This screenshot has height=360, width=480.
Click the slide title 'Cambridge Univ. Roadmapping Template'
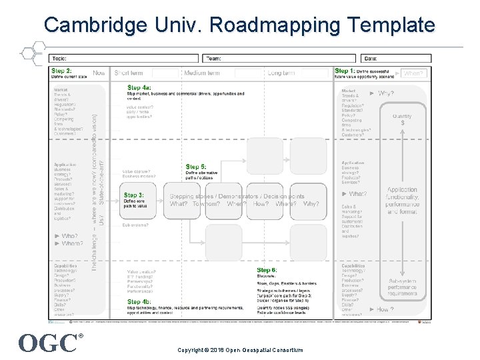pyautogui.click(x=239, y=25)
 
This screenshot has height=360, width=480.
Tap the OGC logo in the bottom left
pyautogui.click(x=48, y=343)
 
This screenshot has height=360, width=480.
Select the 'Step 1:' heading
pyautogui.click(x=345, y=71)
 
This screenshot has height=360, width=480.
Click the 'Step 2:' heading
pyautogui.click(x=62, y=71)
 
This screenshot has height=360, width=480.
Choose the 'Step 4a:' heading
pyautogui.click(x=139, y=87)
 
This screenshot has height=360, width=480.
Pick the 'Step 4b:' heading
pyautogui.click(x=139, y=301)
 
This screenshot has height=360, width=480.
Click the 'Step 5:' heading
pyautogui.click(x=197, y=166)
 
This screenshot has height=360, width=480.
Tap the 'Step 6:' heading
pyautogui.click(x=267, y=269)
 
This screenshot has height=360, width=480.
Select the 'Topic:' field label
pyautogui.click(x=59, y=59)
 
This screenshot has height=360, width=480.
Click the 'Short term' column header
pyautogui.click(x=129, y=73)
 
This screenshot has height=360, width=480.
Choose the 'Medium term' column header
pyautogui.click(x=202, y=73)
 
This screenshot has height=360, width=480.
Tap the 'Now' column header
pyautogui.click(x=99, y=73)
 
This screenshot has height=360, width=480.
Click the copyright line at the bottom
pyautogui.click(x=240, y=350)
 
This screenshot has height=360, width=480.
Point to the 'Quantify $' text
pyautogui.click(x=402, y=119)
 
